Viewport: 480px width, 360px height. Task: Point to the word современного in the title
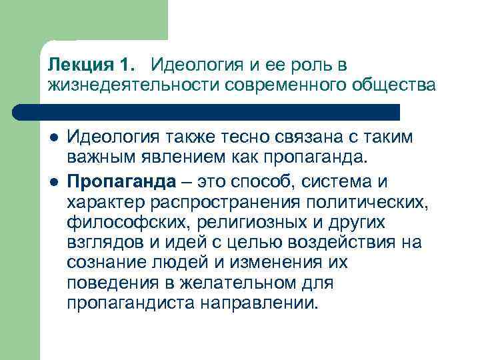285,85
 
